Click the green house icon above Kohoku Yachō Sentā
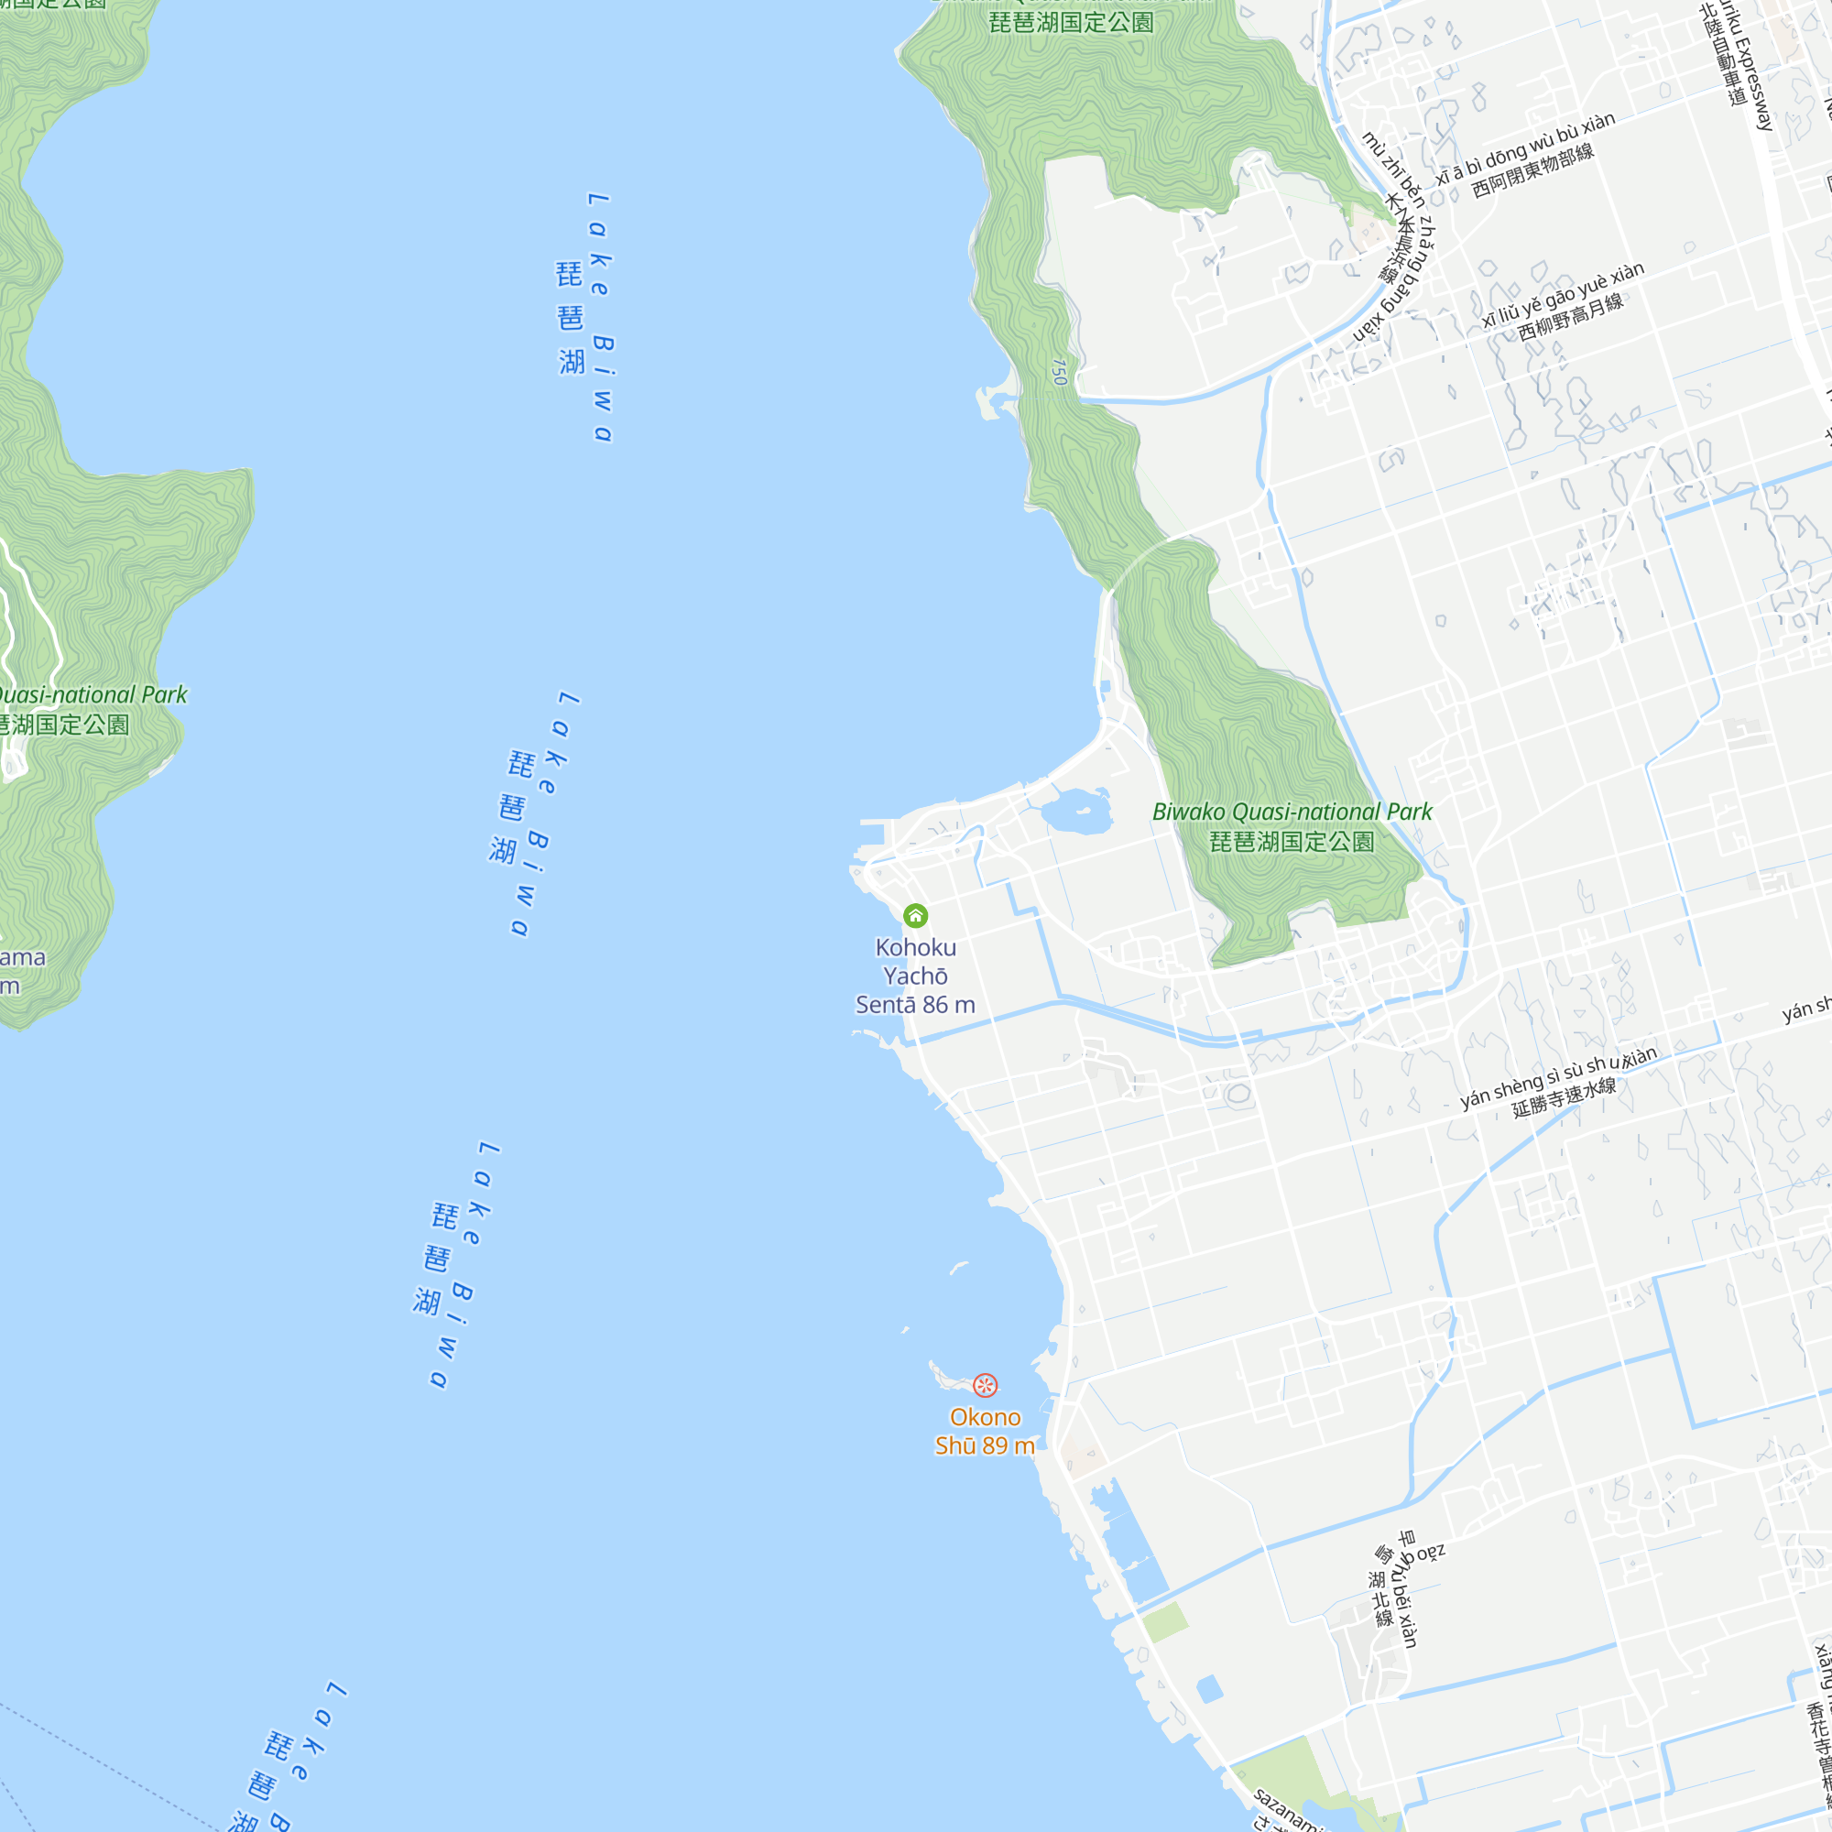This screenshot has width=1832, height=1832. click(x=915, y=915)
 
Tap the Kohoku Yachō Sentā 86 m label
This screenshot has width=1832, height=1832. click(x=915, y=976)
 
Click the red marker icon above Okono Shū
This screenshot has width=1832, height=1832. click(x=986, y=1385)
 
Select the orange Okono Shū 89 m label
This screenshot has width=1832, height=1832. click(x=986, y=1431)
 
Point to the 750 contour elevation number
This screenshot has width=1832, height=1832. click(x=1059, y=371)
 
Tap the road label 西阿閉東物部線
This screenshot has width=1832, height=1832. click(x=1533, y=170)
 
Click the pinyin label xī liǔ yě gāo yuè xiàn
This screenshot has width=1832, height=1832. click(x=1564, y=294)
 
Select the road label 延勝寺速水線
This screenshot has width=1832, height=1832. click(x=1565, y=1097)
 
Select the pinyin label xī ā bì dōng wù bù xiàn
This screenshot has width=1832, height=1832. click(x=1525, y=149)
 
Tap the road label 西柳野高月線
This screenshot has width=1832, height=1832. click(x=1570, y=317)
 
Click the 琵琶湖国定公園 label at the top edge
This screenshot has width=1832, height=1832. click(x=1072, y=22)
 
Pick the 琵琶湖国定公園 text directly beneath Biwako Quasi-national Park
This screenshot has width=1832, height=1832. click(x=1292, y=841)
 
